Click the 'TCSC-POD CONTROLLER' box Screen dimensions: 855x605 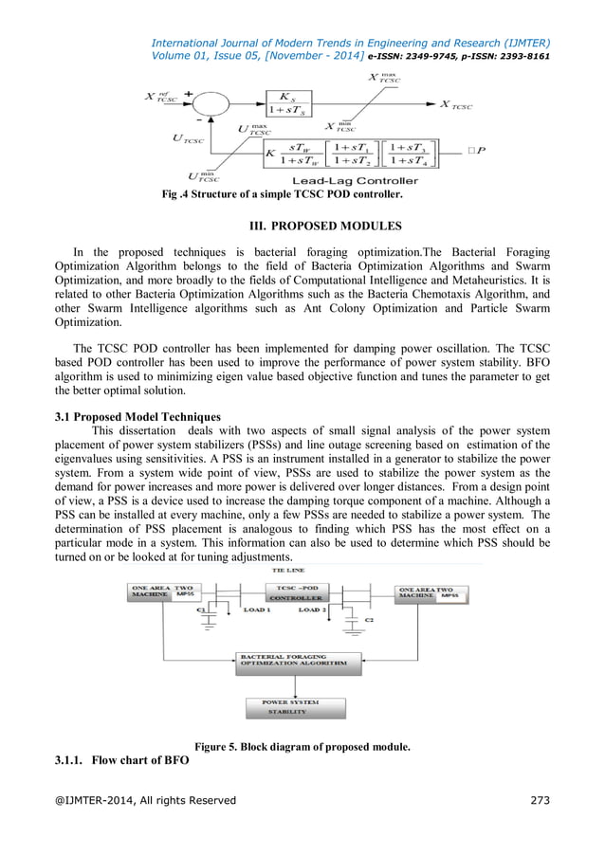296,593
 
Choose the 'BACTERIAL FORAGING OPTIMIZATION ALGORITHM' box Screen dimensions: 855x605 299,662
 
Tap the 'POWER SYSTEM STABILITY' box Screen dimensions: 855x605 291,706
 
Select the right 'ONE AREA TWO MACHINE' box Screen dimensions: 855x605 432,591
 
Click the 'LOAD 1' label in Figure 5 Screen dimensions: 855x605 255,610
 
